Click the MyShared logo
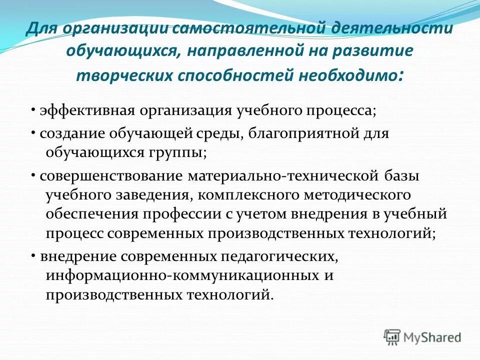click(422, 336)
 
